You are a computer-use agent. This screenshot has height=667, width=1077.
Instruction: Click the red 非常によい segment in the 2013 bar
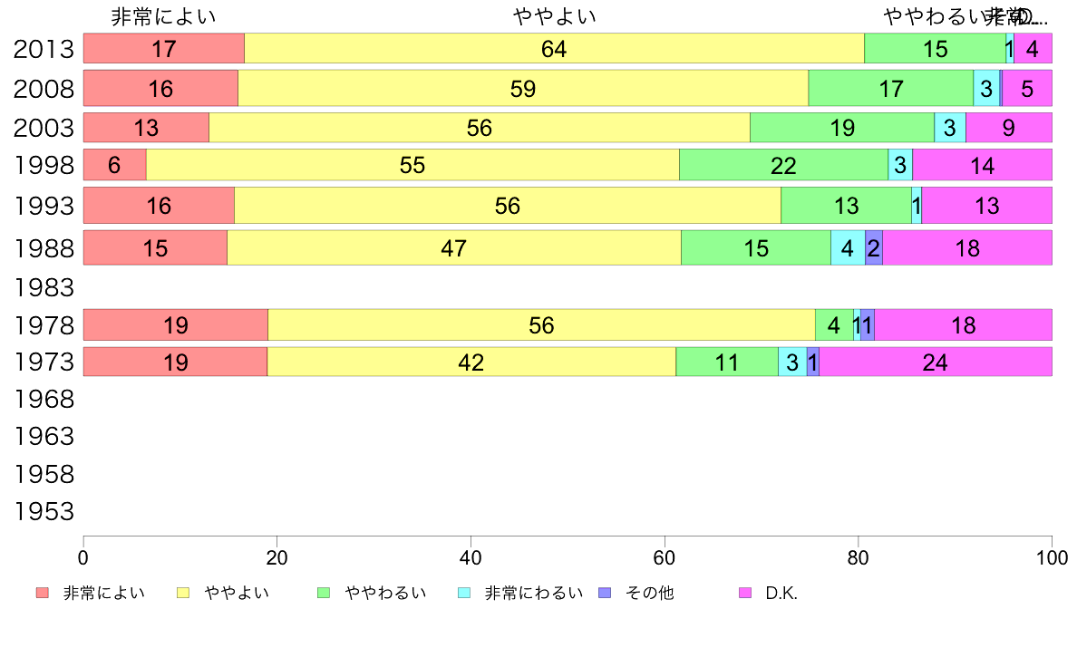point(164,49)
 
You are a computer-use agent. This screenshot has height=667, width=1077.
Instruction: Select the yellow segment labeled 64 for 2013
point(554,49)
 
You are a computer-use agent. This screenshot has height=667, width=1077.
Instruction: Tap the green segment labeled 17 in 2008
point(890,88)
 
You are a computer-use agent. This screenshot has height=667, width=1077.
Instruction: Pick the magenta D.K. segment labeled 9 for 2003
point(1008,128)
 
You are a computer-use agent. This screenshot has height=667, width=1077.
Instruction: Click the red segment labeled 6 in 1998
point(114,165)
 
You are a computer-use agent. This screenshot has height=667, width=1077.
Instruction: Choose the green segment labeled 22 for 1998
point(783,165)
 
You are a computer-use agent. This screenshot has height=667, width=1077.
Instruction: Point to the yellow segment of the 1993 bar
point(508,206)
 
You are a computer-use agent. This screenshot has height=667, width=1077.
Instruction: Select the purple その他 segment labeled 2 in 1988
point(873,247)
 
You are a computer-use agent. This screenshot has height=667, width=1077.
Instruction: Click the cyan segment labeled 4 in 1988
point(848,247)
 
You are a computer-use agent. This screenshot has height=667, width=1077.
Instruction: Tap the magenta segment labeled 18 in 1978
point(963,325)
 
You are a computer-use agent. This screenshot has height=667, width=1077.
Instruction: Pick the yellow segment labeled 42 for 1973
point(471,362)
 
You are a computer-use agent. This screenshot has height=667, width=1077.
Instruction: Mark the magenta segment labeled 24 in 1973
point(935,362)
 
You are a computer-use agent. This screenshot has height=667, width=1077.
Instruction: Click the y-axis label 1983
point(44,287)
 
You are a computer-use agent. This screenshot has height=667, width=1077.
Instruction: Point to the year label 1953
point(44,512)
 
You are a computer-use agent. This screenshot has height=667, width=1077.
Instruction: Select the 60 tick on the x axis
point(665,557)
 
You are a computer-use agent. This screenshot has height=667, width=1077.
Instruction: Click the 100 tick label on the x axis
point(1052,557)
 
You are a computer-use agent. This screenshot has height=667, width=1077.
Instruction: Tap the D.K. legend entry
point(771,594)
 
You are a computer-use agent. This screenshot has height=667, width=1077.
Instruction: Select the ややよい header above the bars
point(554,16)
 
